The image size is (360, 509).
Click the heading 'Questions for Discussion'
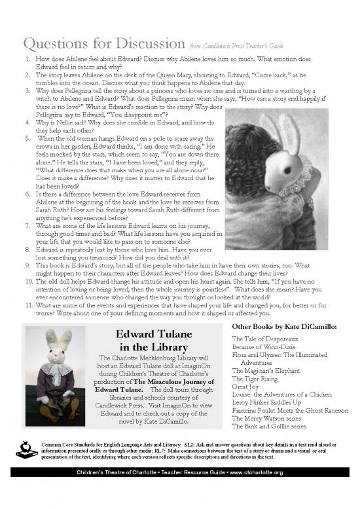103,43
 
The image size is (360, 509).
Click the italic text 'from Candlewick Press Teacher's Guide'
236,47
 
